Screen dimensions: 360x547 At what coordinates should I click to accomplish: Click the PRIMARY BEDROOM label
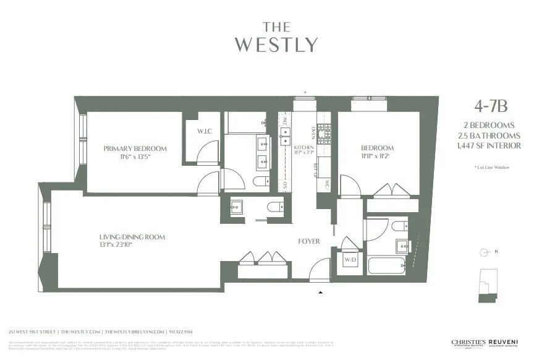click(135, 148)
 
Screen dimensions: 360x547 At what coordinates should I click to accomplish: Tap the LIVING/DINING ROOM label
click(132, 237)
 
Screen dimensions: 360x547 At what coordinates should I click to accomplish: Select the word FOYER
click(309, 241)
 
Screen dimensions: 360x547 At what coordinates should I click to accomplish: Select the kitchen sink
click(285, 132)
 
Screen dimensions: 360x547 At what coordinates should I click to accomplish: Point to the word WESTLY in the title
click(276, 45)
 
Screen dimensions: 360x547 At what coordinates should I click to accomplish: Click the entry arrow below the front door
click(320, 291)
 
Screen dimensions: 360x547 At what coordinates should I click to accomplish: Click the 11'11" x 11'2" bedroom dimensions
click(377, 157)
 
